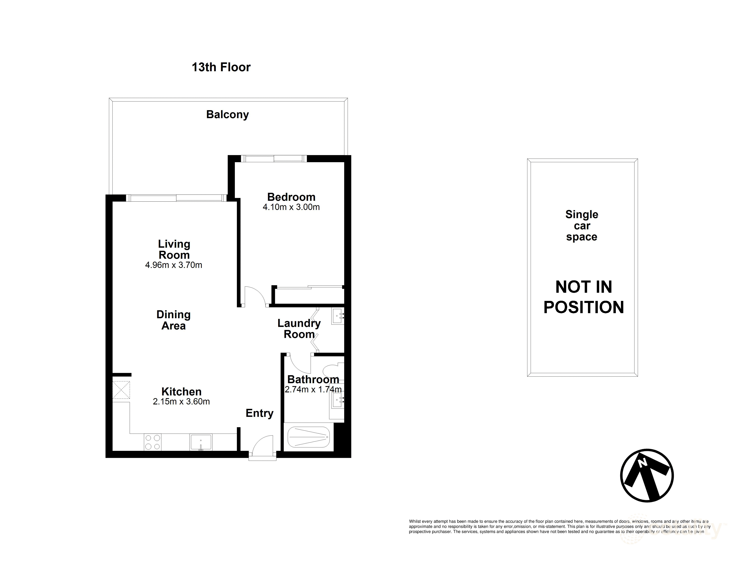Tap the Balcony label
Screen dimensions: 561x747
coord(227,115)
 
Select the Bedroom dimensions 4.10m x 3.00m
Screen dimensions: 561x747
coord(291,207)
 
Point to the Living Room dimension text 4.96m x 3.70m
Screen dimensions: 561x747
coord(173,265)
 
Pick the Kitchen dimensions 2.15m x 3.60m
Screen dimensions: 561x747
coord(181,402)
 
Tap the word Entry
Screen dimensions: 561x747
coord(259,413)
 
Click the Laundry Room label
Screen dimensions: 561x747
coord(299,329)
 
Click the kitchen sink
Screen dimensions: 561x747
coord(201,442)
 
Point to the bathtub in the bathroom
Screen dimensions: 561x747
coord(308,437)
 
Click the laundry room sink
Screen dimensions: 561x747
coord(337,317)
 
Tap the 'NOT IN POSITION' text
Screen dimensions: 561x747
coord(584,297)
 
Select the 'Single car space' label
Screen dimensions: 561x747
coord(581,226)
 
